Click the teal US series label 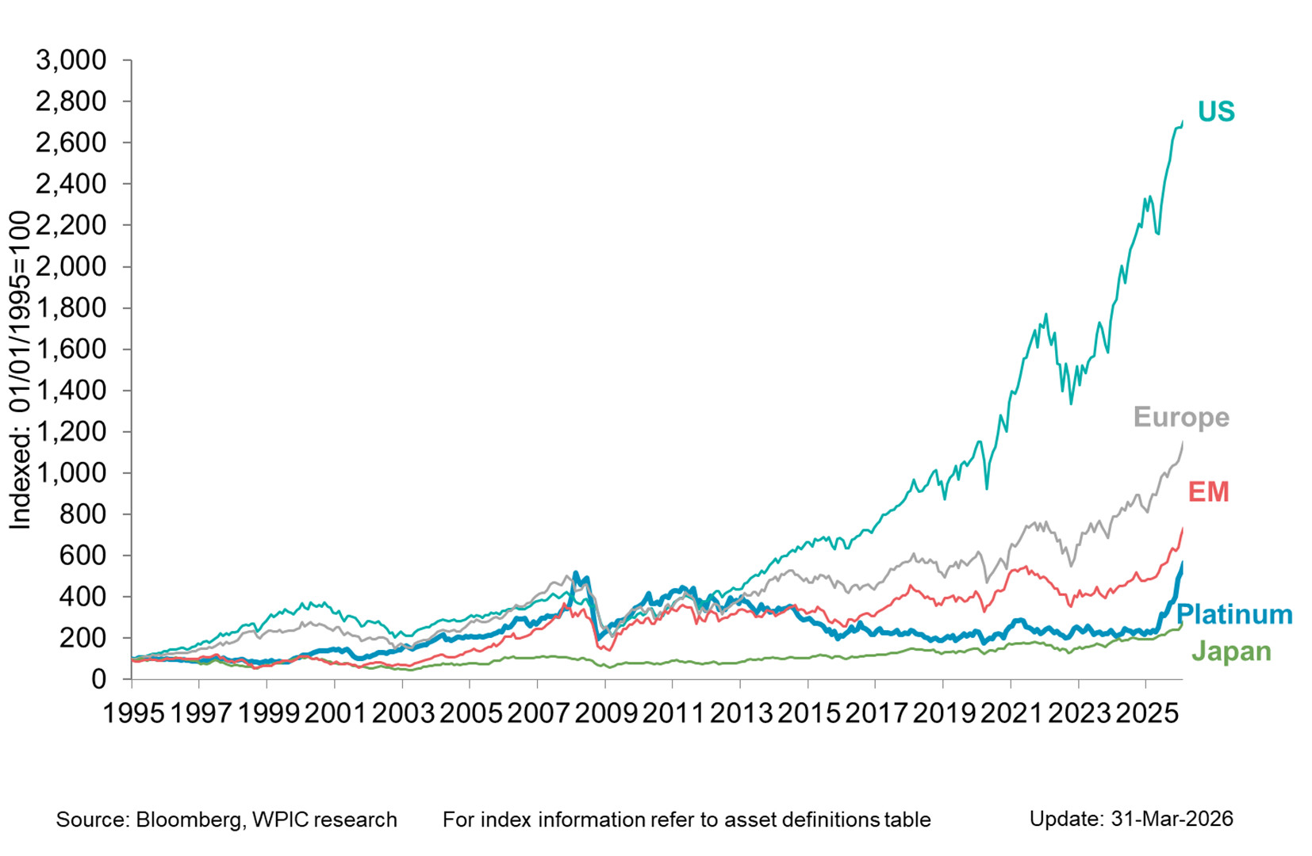(x=1215, y=112)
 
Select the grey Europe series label (x=1180, y=417)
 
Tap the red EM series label (x=1207, y=492)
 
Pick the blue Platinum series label (x=1233, y=614)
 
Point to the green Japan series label (x=1231, y=652)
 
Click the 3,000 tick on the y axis (x=71, y=60)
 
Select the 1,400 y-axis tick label (x=71, y=390)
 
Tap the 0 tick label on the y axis (x=98, y=679)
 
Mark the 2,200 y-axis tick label (x=71, y=225)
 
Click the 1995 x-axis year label (x=133, y=713)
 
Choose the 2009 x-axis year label (x=605, y=713)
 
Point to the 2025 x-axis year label (x=1146, y=713)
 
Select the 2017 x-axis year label (x=876, y=713)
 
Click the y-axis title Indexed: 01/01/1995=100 (x=20, y=370)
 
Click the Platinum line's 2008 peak (x=576, y=574)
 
